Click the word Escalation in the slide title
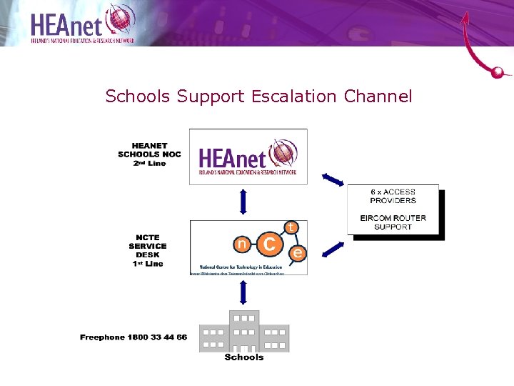[x=295, y=96]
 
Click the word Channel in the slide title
[x=378, y=96]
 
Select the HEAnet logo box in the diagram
[x=248, y=157]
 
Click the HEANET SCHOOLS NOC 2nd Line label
[x=149, y=154]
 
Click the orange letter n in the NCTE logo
[x=243, y=245]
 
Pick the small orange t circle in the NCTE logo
[x=291, y=227]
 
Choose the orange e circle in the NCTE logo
[x=298, y=252]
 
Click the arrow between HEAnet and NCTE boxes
[x=243, y=202]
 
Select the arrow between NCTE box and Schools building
[x=243, y=293]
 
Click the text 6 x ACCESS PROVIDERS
[x=393, y=196]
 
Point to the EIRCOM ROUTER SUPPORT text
[x=393, y=222]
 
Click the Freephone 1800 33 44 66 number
[x=133, y=337]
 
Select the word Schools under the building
[x=244, y=357]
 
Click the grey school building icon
[x=244, y=331]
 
